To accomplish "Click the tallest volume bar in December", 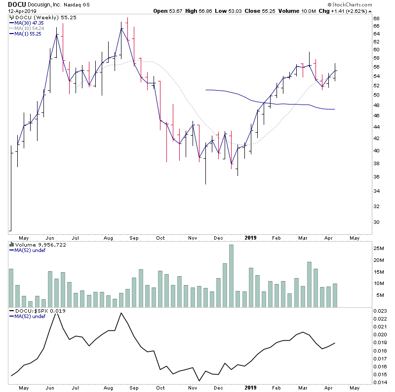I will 231,276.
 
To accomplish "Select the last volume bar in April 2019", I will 335,295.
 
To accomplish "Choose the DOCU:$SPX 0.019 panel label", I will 37,311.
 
